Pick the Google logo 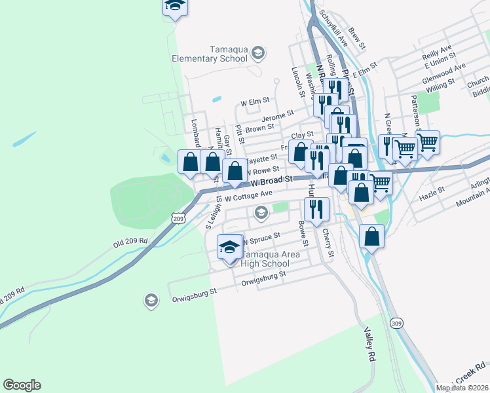click(x=22, y=385)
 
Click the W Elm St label click(x=255, y=102)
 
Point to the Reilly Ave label click(x=438, y=50)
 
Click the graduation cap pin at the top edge click(x=175, y=6)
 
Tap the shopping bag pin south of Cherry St click(x=371, y=236)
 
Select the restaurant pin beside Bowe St click(x=316, y=210)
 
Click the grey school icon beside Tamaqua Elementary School click(x=258, y=52)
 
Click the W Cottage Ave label click(x=248, y=195)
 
